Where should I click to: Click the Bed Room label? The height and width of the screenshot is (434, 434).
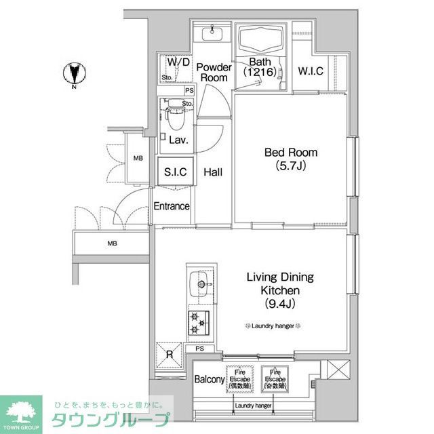(x=290, y=153)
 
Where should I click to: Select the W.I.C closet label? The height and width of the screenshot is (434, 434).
(x=310, y=71)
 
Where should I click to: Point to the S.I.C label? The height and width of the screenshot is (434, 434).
(x=175, y=172)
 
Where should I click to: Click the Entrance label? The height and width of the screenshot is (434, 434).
(x=171, y=206)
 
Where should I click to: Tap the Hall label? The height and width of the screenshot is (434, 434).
(x=213, y=172)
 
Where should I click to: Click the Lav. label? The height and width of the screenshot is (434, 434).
(x=178, y=140)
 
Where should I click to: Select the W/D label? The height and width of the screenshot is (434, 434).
(x=178, y=62)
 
